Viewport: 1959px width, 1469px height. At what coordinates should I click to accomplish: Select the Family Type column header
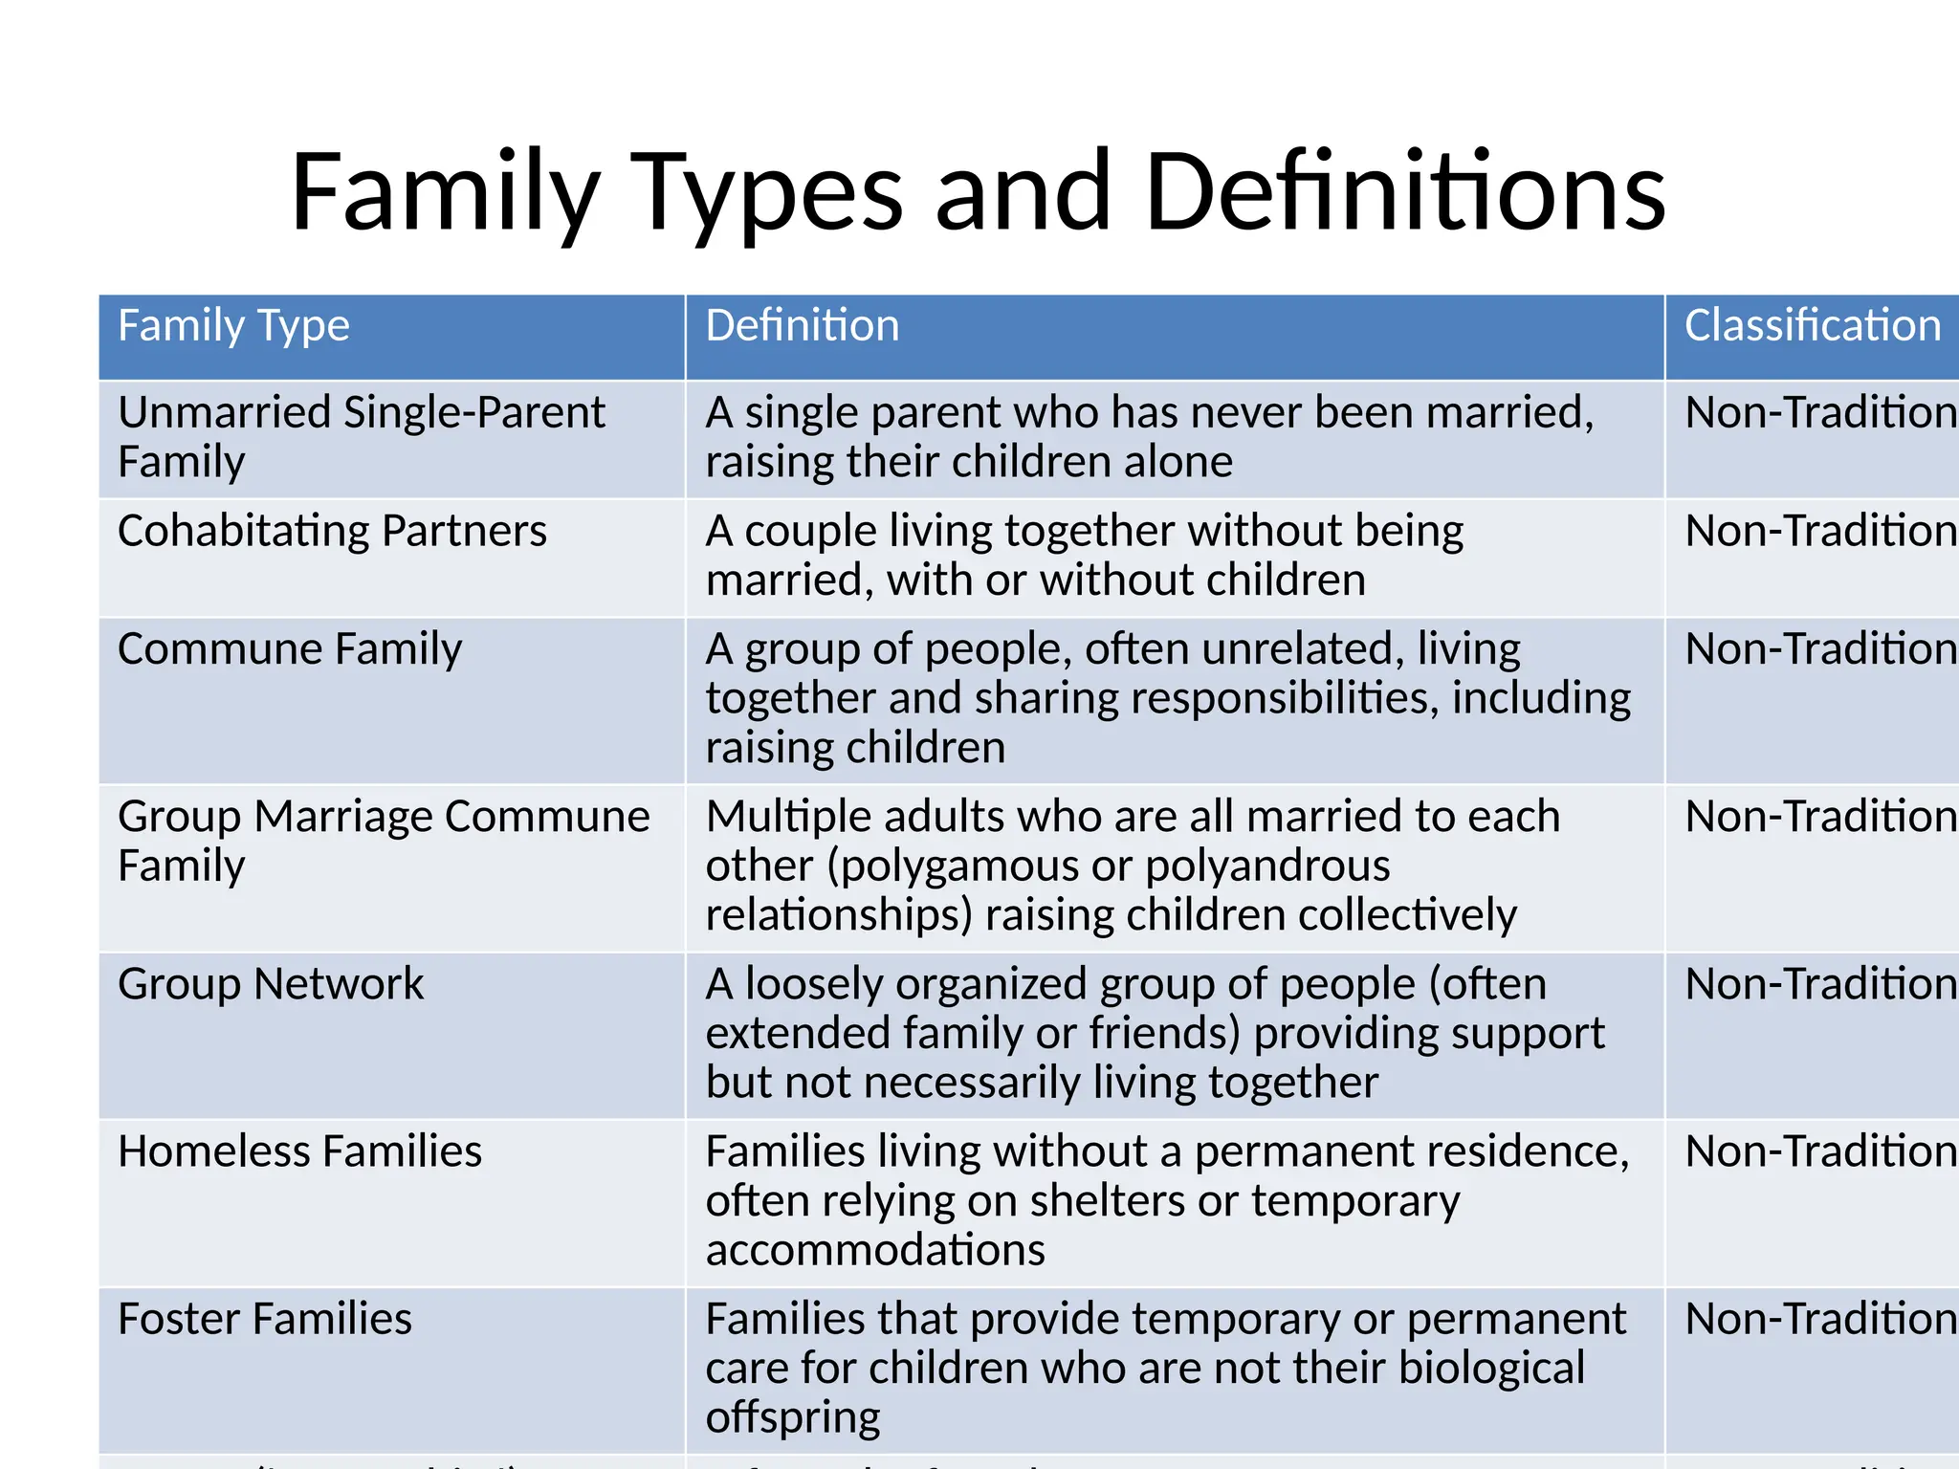[233, 326]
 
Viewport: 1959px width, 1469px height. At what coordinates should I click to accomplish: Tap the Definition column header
[802, 326]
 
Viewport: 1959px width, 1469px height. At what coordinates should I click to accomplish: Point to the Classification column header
[1812, 326]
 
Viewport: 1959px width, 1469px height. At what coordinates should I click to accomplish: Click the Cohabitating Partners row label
[332, 531]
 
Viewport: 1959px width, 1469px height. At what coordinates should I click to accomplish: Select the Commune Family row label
[289, 649]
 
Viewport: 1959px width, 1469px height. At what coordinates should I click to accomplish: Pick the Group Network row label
[270, 984]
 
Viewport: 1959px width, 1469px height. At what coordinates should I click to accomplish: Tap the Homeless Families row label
[299, 1151]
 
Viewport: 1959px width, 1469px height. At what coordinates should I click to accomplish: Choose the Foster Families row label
[264, 1320]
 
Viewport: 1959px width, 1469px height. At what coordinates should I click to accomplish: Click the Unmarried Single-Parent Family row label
[361, 437]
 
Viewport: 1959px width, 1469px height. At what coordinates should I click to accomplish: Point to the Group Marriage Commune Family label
[383, 841]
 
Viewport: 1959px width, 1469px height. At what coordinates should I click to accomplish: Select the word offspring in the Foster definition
[792, 1418]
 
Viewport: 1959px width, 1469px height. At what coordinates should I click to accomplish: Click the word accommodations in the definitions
[874, 1251]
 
